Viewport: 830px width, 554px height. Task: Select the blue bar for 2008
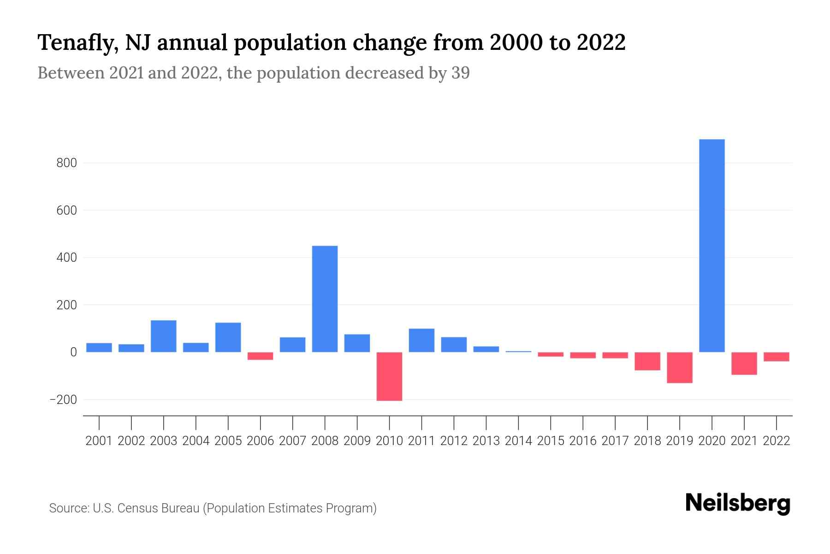coord(325,299)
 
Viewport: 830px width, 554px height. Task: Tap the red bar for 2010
coord(389,376)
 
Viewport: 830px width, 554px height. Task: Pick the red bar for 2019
coord(679,367)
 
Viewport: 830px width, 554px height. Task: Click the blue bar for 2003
coord(164,336)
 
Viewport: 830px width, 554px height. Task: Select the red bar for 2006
coord(260,356)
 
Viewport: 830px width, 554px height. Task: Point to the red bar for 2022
coord(776,356)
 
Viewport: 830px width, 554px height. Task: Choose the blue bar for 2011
coord(421,340)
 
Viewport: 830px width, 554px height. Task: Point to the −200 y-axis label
coord(63,400)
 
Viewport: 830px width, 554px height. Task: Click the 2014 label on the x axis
coord(518,441)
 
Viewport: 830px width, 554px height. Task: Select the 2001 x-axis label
coord(99,441)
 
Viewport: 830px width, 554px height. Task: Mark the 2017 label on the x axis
coord(615,441)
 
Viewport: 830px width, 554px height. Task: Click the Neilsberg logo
coord(738,504)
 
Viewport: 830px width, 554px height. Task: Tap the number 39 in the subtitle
coord(460,73)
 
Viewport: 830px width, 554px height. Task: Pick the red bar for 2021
coord(744,363)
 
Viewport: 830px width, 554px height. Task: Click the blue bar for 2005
coord(228,337)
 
